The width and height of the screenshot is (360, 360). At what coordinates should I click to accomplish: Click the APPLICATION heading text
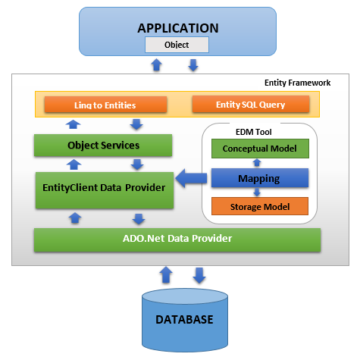coord(177,28)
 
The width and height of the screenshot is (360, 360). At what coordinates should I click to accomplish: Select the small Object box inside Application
coord(177,45)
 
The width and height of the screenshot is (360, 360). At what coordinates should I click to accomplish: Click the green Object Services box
coord(103,144)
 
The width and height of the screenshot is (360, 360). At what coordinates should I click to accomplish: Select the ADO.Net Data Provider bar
coord(177,239)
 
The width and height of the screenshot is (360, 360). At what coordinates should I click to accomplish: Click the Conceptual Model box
coord(259,149)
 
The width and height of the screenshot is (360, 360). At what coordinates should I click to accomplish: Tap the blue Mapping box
coord(259,180)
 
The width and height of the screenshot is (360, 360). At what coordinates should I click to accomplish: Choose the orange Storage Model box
coord(259,206)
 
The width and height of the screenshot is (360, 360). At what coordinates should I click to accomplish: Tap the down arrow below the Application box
coord(193,65)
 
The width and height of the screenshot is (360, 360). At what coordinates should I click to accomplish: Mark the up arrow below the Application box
coord(157,65)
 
